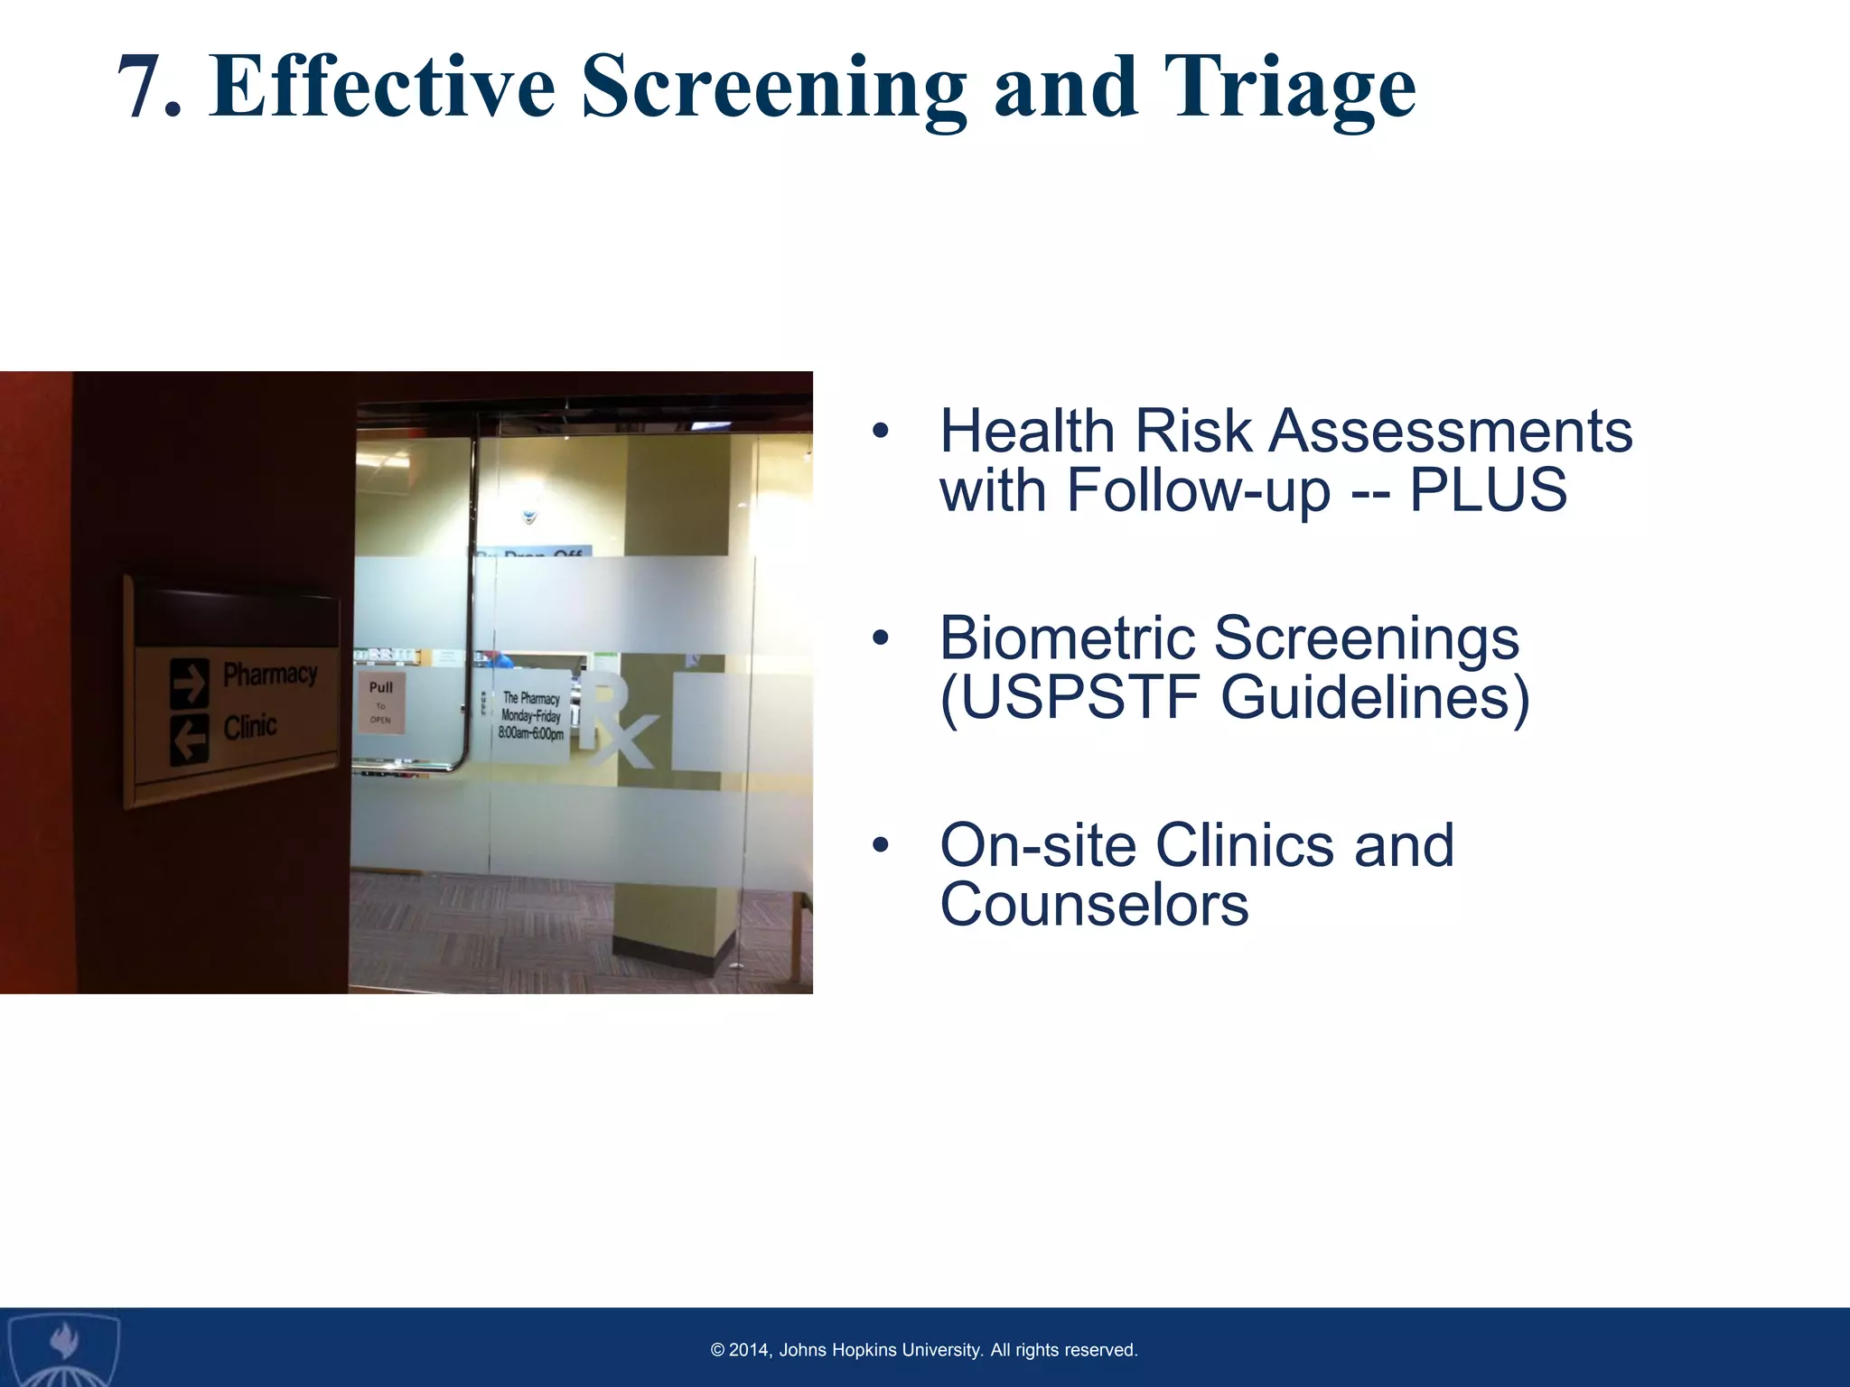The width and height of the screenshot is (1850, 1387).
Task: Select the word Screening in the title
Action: [772, 88]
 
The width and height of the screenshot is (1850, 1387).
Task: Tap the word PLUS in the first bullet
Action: [1488, 490]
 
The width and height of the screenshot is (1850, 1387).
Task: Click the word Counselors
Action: [1094, 905]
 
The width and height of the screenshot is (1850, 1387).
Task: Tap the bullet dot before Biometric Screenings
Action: [881, 639]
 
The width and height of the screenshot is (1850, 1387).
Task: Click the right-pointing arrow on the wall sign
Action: [189, 684]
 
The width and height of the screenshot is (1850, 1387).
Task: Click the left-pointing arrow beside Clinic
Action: [189, 740]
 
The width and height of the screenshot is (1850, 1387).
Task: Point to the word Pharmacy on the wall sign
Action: [270, 674]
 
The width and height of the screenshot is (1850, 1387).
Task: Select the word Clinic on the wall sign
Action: [250, 727]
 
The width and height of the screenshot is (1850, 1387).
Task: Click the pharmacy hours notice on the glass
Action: [532, 716]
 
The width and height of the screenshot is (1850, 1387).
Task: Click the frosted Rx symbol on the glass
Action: [615, 721]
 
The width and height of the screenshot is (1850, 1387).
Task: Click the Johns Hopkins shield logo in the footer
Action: [62, 1347]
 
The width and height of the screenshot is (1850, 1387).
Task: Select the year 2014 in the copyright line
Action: [748, 1350]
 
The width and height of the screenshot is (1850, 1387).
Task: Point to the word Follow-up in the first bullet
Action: [1198, 490]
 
